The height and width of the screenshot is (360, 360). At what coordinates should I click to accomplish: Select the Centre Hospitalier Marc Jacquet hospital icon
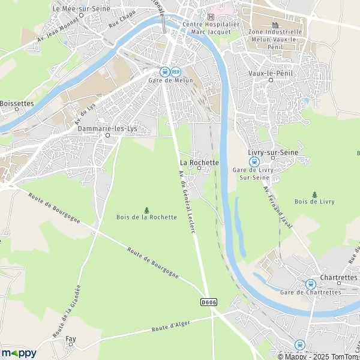pyautogui.click(x=211, y=16)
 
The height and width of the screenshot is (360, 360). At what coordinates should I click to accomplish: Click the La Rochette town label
pyautogui.click(x=199, y=162)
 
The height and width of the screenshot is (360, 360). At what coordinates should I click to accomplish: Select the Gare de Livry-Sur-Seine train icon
pyautogui.click(x=254, y=161)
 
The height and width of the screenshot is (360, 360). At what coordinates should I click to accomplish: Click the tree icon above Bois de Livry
pyautogui.click(x=315, y=194)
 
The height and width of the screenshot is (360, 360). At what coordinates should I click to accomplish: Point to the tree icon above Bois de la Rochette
pyautogui.click(x=146, y=209)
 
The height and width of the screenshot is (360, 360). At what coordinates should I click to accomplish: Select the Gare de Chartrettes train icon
pyautogui.click(x=310, y=284)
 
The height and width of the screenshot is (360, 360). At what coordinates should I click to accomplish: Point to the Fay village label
pyautogui.click(x=70, y=339)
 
